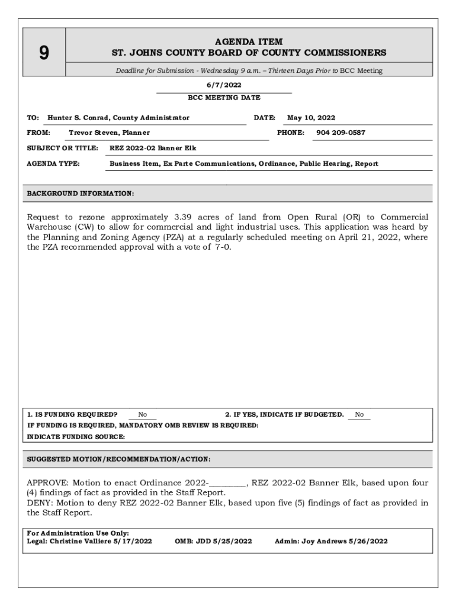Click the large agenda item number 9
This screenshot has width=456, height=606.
(x=44, y=53)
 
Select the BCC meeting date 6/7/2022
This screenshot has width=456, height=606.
(x=224, y=85)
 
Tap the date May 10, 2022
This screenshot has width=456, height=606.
(x=311, y=118)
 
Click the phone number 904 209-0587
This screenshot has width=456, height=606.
(x=341, y=133)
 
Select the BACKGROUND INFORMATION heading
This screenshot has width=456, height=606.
(x=81, y=194)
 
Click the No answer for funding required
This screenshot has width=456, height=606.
(x=143, y=415)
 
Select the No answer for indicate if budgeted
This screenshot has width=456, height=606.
(x=359, y=415)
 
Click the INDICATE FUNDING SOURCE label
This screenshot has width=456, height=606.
(x=76, y=437)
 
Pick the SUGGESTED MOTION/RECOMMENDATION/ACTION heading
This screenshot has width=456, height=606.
(x=119, y=459)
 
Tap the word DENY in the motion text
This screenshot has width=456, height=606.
(x=40, y=503)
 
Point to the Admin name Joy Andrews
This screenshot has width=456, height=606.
(x=325, y=541)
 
